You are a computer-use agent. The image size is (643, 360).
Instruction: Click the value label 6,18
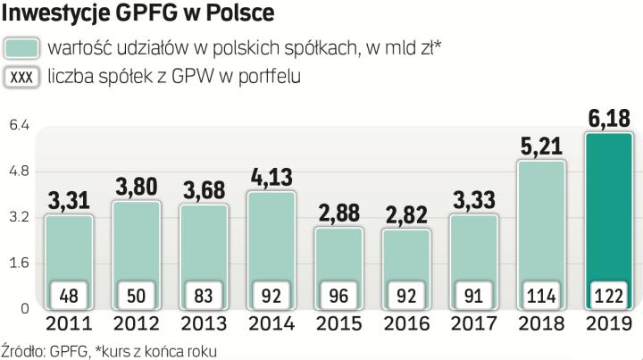609,118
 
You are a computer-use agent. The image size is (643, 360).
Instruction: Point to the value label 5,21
541,146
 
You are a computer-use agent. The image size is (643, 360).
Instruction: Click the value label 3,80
136,187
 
